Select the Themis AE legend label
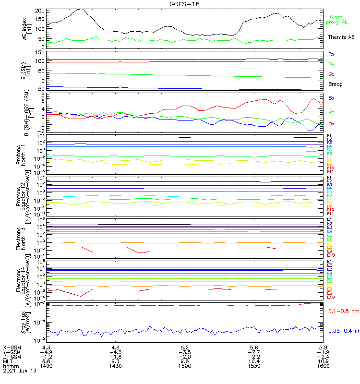(341, 37)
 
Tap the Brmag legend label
(335, 84)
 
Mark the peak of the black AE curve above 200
(81, 9)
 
